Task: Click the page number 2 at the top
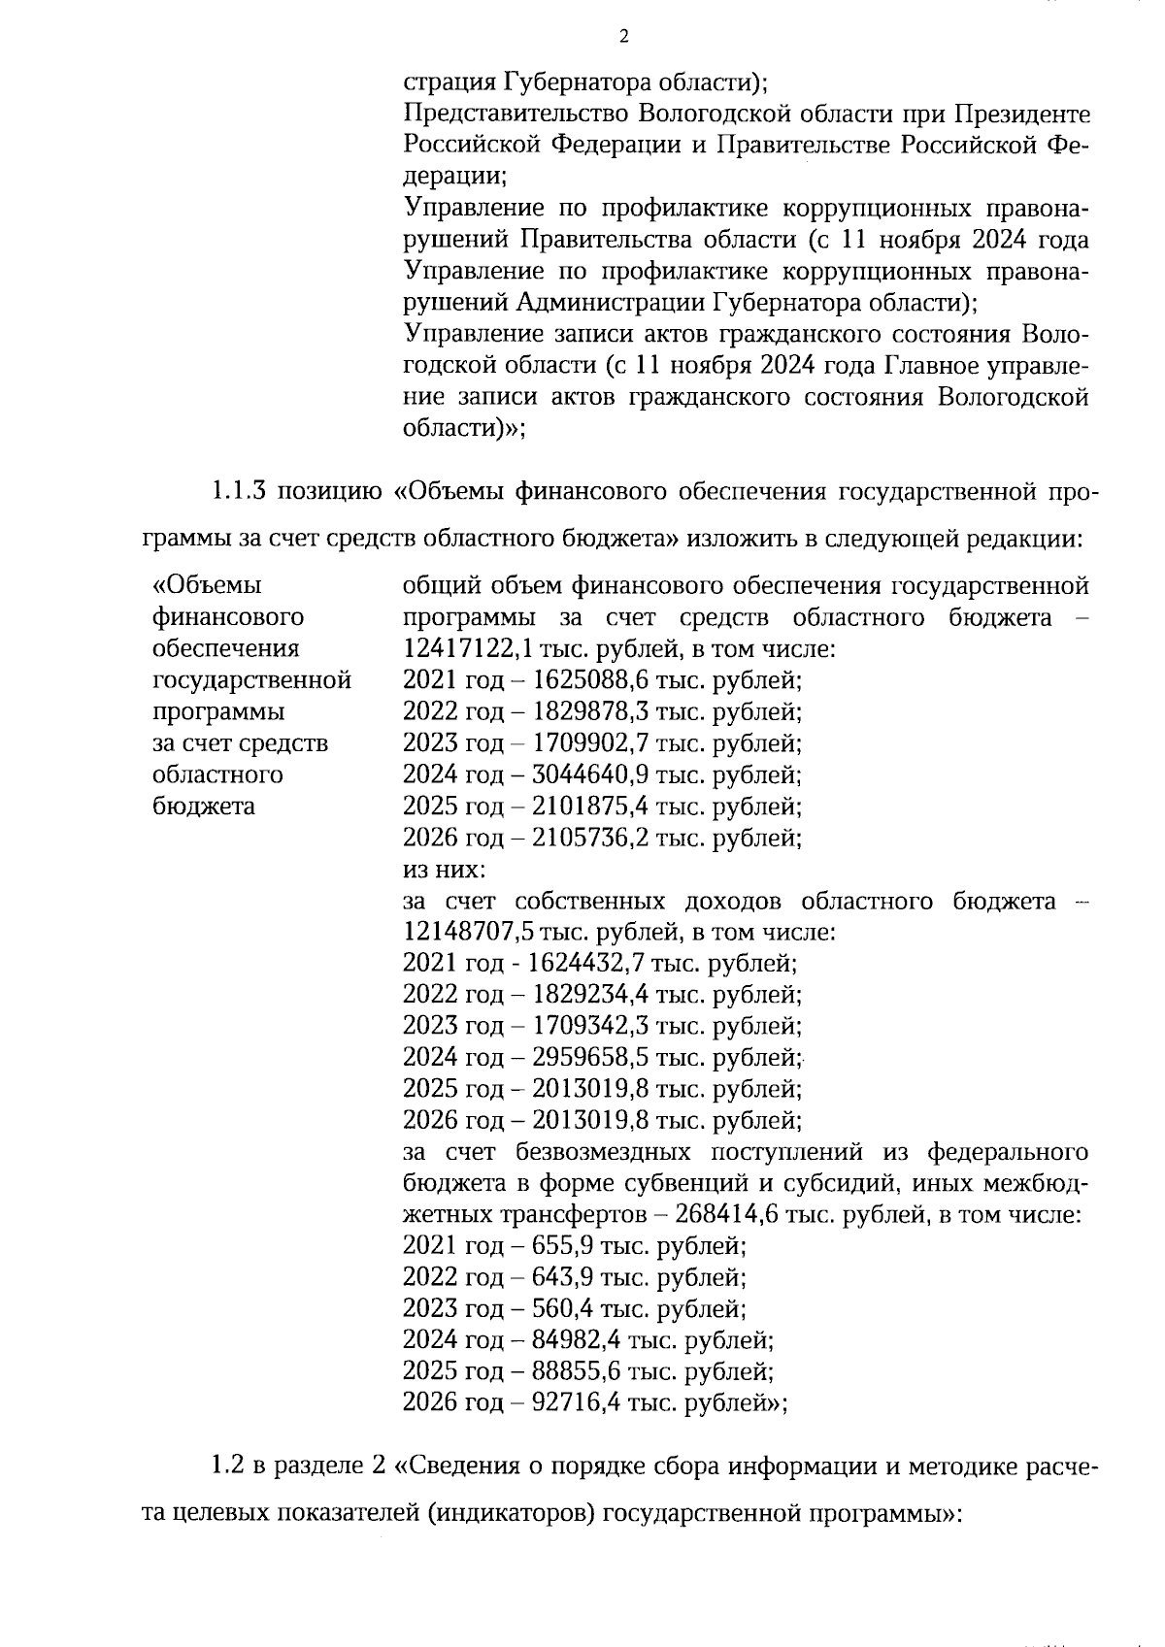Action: click(623, 37)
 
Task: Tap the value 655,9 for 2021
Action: click(561, 1246)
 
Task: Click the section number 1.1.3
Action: click(239, 491)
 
